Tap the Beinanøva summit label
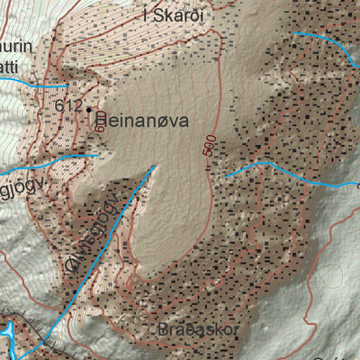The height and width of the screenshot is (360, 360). [139, 117]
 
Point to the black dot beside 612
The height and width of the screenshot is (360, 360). [89, 109]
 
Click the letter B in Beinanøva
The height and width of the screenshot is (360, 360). [102, 117]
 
